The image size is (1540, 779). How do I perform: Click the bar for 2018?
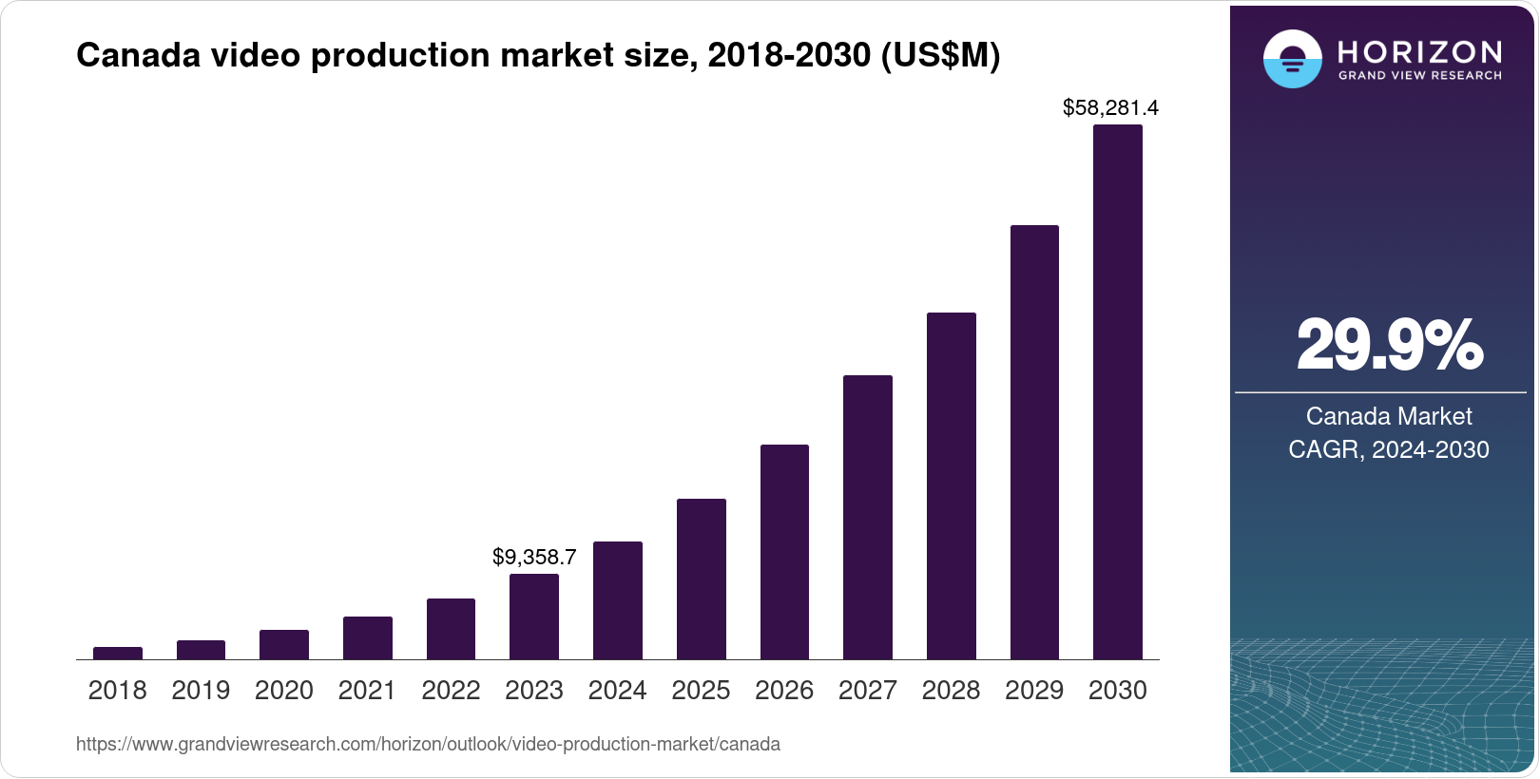click(118, 654)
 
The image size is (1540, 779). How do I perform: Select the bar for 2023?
click(534, 617)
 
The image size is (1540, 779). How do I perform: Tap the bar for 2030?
click(1118, 391)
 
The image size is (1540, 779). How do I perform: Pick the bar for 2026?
click(784, 552)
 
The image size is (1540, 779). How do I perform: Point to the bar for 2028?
click(951, 485)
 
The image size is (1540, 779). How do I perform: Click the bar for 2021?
click(368, 637)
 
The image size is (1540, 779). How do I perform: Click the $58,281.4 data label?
click(1110, 108)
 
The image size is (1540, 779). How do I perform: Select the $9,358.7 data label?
click(534, 558)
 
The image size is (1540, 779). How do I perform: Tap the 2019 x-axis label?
click(201, 691)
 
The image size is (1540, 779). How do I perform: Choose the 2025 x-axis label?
click(701, 691)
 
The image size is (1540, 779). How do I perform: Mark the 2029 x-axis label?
click(1034, 691)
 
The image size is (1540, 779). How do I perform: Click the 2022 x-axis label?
click(451, 691)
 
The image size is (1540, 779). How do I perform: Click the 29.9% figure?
click(1389, 346)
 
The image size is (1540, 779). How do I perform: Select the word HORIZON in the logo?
click(1419, 51)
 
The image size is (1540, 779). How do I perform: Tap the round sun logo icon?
click(1292, 59)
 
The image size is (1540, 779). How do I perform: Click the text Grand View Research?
click(1419, 76)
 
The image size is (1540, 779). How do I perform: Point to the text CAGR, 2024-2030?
click(1388, 449)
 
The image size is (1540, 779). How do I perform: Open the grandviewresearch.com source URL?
click(428, 745)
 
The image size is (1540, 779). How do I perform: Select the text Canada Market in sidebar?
click(1388, 416)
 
